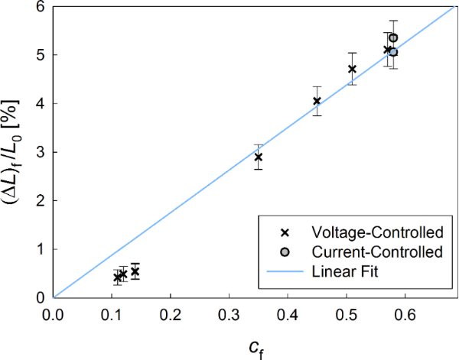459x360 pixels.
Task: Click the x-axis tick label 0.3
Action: (229, 313)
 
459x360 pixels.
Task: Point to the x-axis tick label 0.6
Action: (405, 313)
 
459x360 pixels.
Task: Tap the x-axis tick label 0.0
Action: (53, 313)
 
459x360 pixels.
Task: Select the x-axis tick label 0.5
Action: (346, 313)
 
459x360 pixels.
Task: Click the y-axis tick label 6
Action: (40, 7)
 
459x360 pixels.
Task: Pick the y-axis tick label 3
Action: (40, 152)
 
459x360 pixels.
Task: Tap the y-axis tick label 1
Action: (40, 249)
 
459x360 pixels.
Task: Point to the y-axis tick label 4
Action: (40, 104)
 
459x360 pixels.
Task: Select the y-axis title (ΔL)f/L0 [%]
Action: (15, 153)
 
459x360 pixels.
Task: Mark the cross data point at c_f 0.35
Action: (259, 157)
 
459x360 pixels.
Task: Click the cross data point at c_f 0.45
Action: (317, 101)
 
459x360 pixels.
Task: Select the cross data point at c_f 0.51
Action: (352, 69)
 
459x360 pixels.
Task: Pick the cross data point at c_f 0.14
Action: (135, 271)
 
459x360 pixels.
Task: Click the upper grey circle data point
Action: (393, 37)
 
